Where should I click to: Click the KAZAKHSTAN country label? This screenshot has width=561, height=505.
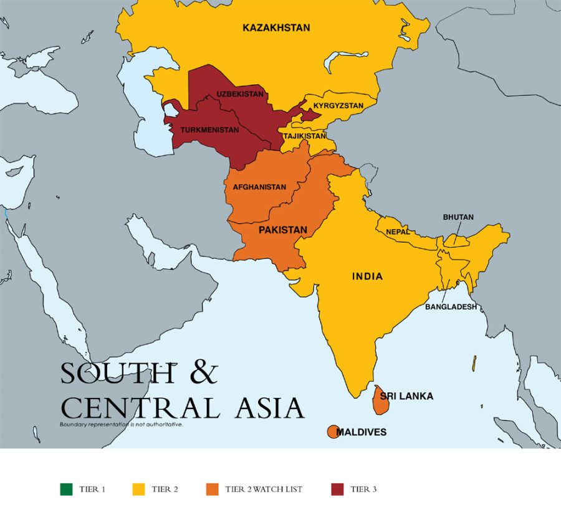pos(276,27)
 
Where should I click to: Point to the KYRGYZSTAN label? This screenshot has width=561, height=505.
pos(338,106)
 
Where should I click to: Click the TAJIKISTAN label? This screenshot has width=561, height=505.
pos(304,136)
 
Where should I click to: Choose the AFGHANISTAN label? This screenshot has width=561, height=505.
pos(259,187)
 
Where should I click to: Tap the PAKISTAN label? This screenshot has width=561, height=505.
pos(283,230)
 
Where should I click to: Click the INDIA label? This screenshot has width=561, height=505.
pos(367,276)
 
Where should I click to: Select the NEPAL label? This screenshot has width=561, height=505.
pos(398,232)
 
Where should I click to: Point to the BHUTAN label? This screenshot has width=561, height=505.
pos(458,217)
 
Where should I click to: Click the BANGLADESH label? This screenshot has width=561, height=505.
pos(451,307)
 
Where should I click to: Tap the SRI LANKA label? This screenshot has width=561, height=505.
pos(406,396)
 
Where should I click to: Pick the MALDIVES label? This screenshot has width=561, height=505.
pos(362,432)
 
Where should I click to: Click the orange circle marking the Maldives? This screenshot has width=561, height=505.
pos(333,432)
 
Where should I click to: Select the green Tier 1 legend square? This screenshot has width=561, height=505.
pos(65,489)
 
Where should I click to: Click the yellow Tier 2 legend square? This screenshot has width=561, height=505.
pos(139,489)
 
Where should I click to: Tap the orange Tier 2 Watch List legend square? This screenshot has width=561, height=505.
pos(213,489)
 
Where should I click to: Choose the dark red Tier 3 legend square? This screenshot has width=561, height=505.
pos(337,489)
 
